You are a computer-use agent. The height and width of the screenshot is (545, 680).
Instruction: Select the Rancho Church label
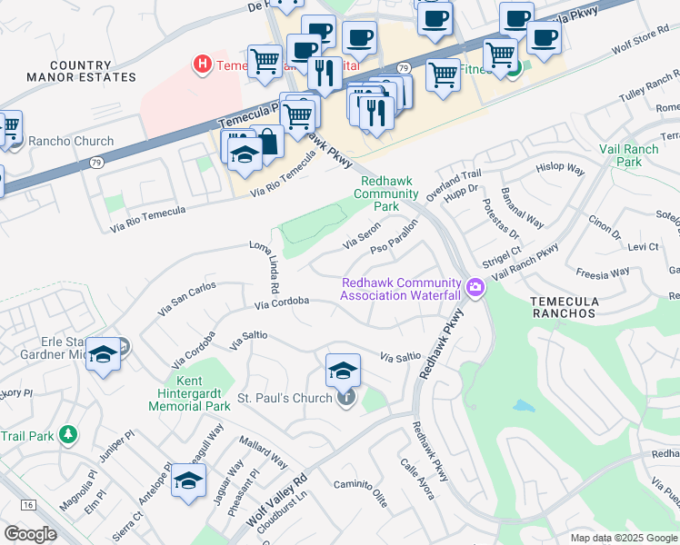pos(72,141)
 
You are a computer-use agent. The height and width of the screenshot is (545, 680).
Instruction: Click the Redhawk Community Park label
pos(385,193)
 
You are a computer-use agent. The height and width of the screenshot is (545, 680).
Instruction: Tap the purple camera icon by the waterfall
pos(475,289)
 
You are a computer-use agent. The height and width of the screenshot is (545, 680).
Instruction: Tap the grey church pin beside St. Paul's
pos(345,398)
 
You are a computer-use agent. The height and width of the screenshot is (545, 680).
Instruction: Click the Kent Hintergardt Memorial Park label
pos(189,392)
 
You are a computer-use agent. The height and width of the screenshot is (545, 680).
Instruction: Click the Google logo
pos(30,533)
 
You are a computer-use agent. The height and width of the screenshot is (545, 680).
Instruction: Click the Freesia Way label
pos(603,272)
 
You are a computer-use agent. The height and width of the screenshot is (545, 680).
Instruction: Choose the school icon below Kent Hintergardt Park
pos(188,481)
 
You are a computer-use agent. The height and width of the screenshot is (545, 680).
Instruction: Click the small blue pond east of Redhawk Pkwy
pos(523,405)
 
